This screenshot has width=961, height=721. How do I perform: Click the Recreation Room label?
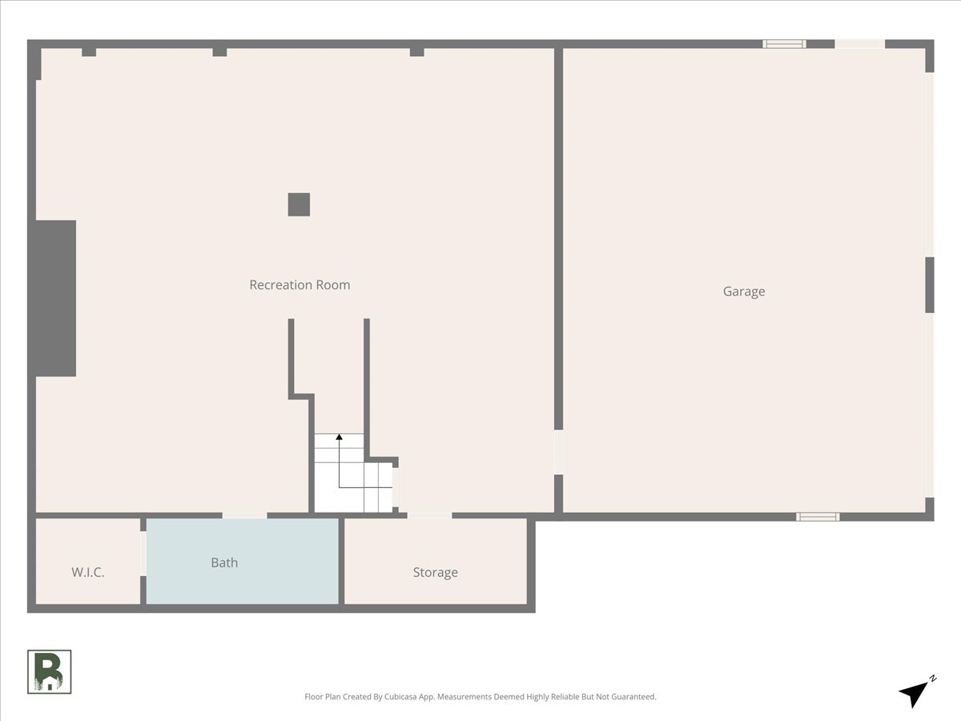pyautogui.click(x=300, y=284)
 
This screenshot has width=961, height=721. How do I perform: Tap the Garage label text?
pyautogui.click(x=744, y=292)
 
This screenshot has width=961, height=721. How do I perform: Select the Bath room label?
pyautogui.click(x=224, y=562)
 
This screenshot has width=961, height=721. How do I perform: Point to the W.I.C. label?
pyautogui.click(x=88, y=572)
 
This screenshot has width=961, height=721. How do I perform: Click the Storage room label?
pyautogui.click(x=435, y=572)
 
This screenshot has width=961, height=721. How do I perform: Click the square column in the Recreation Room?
pyautogui.click(x=299, y=204)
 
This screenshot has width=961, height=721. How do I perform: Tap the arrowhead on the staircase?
pyautogui.click(x=339, y=437)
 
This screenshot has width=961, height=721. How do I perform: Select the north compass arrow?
pyautogui.click(x=912, y=692)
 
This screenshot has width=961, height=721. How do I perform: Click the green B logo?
pyautogui.click(x=50, y=671)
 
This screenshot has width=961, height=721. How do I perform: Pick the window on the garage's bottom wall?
pyautogui.click(x=818, y=517)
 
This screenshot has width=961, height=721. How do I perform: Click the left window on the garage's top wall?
pyautogui.click(x=784, y=44)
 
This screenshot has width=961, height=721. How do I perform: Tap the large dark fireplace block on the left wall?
pyautogui.click(x=54, y=298)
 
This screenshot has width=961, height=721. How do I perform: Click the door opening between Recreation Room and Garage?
pyautogui.click(x=558, y=453)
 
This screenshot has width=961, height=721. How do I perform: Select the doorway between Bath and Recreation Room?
pyautogui.click(x=244, y=515)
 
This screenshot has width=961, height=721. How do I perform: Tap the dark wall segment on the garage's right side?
pyautogui.click(x=930, y=284)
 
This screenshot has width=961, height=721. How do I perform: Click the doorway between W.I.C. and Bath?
pyautogui.click(x=143, y=553)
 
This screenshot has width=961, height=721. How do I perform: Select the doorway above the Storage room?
pyautogui.click(x=429, y=515)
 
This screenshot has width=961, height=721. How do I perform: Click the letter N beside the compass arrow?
pyautogui.click(x=932, y=679)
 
